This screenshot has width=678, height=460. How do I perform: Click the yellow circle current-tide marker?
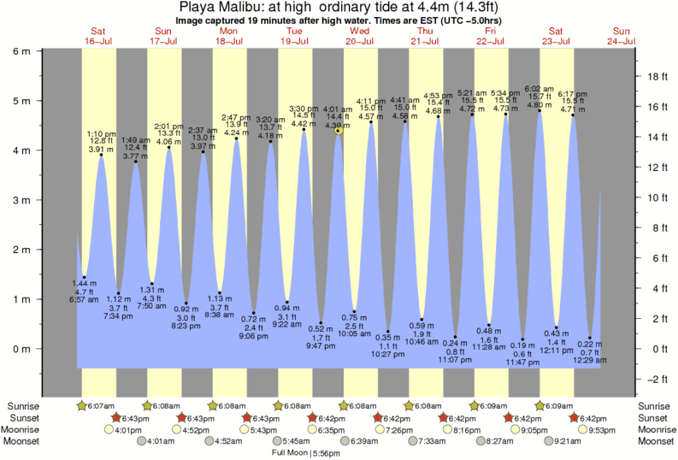(x=339, y=131)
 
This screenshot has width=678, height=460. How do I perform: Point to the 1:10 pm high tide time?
(x=102, y=133)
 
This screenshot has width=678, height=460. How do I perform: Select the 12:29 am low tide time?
(x=589, y=364)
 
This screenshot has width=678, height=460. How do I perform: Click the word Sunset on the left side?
(x=25, y=417)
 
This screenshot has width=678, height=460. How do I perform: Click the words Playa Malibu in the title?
(x=225, y=7)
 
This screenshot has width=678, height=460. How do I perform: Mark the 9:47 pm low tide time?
(x=321, y=347)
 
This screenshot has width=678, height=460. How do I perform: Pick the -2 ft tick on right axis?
(x=657, y=379)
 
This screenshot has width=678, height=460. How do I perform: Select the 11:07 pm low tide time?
(x=456, y=360)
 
